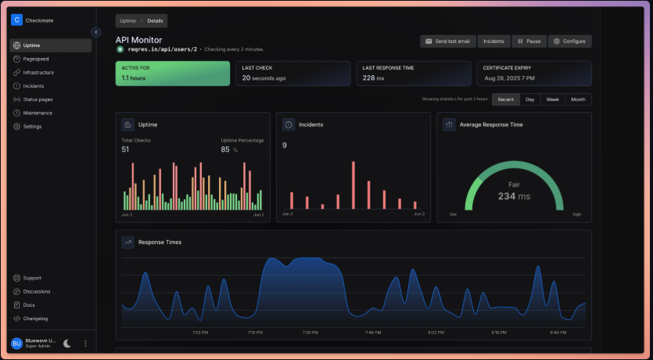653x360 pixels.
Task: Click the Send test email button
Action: (x=448, y=41)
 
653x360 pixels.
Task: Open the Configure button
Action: (x=569, y=41)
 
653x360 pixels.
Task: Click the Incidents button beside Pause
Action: (x=493, y=41)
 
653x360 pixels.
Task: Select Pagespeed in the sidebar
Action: (x=36, y=59)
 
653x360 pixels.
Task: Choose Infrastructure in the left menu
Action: (x=38, y=72)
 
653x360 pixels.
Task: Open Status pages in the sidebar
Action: (x=38, y=99)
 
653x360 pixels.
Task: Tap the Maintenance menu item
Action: (x=38, y=113)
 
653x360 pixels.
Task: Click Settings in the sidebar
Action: (x=32, y=126)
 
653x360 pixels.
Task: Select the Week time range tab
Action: (x=552, y=99)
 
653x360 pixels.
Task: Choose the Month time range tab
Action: (x=578, y=99)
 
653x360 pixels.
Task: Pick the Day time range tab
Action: (x=529, y=99)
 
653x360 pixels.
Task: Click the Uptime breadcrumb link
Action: (x=127, y=20)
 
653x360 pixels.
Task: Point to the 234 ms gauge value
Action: (x=514, y=196)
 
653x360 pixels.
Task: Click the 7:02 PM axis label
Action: (x=200, y=333)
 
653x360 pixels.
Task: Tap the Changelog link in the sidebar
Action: (x=35, y=319)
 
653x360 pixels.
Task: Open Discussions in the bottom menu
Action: (x=37, y=291)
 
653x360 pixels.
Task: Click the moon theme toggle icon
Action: (x=67, y=343)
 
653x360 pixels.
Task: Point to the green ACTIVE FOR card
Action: (x=173, y=74)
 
